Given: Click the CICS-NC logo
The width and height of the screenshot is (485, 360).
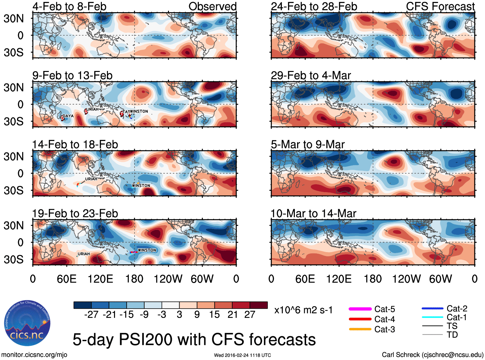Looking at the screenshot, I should [27, 323].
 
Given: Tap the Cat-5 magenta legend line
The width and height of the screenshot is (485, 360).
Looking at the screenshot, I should [360, 309].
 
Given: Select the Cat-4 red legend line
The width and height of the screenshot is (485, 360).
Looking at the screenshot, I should [360, 319].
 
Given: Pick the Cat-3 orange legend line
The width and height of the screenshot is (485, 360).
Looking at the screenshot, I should [360, 329].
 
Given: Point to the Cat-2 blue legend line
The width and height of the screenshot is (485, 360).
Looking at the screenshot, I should [432, 309].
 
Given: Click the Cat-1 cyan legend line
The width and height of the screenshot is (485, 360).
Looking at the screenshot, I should [432, 317].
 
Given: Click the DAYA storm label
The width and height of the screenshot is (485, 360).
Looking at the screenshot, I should [68, 116].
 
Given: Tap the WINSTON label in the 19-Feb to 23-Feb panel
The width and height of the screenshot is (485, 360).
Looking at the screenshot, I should [147, 250].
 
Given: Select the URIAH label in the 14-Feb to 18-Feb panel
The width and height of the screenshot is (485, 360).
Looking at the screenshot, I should [91, 179].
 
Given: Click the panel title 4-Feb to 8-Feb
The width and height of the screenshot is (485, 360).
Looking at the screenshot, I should [69, 6].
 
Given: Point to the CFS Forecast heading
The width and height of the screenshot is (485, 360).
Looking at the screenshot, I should [440, 6].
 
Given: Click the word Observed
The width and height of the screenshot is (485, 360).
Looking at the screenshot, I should [212, 6].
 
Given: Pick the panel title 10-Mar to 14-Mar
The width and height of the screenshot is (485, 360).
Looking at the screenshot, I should [313, 214].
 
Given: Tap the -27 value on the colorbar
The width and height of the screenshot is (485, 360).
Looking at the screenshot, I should [91, 315].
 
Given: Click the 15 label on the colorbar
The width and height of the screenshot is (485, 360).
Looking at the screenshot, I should [214, 315].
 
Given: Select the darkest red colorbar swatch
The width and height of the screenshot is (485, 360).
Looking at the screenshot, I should [259, 305].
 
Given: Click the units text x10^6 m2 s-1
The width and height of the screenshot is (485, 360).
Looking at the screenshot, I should [303, 310].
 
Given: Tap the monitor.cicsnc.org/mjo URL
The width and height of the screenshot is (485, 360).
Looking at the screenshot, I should [34, 355].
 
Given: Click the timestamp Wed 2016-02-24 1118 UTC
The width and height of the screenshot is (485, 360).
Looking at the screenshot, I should [242, 355].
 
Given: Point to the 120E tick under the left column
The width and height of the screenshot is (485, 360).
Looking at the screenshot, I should [101, 279].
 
